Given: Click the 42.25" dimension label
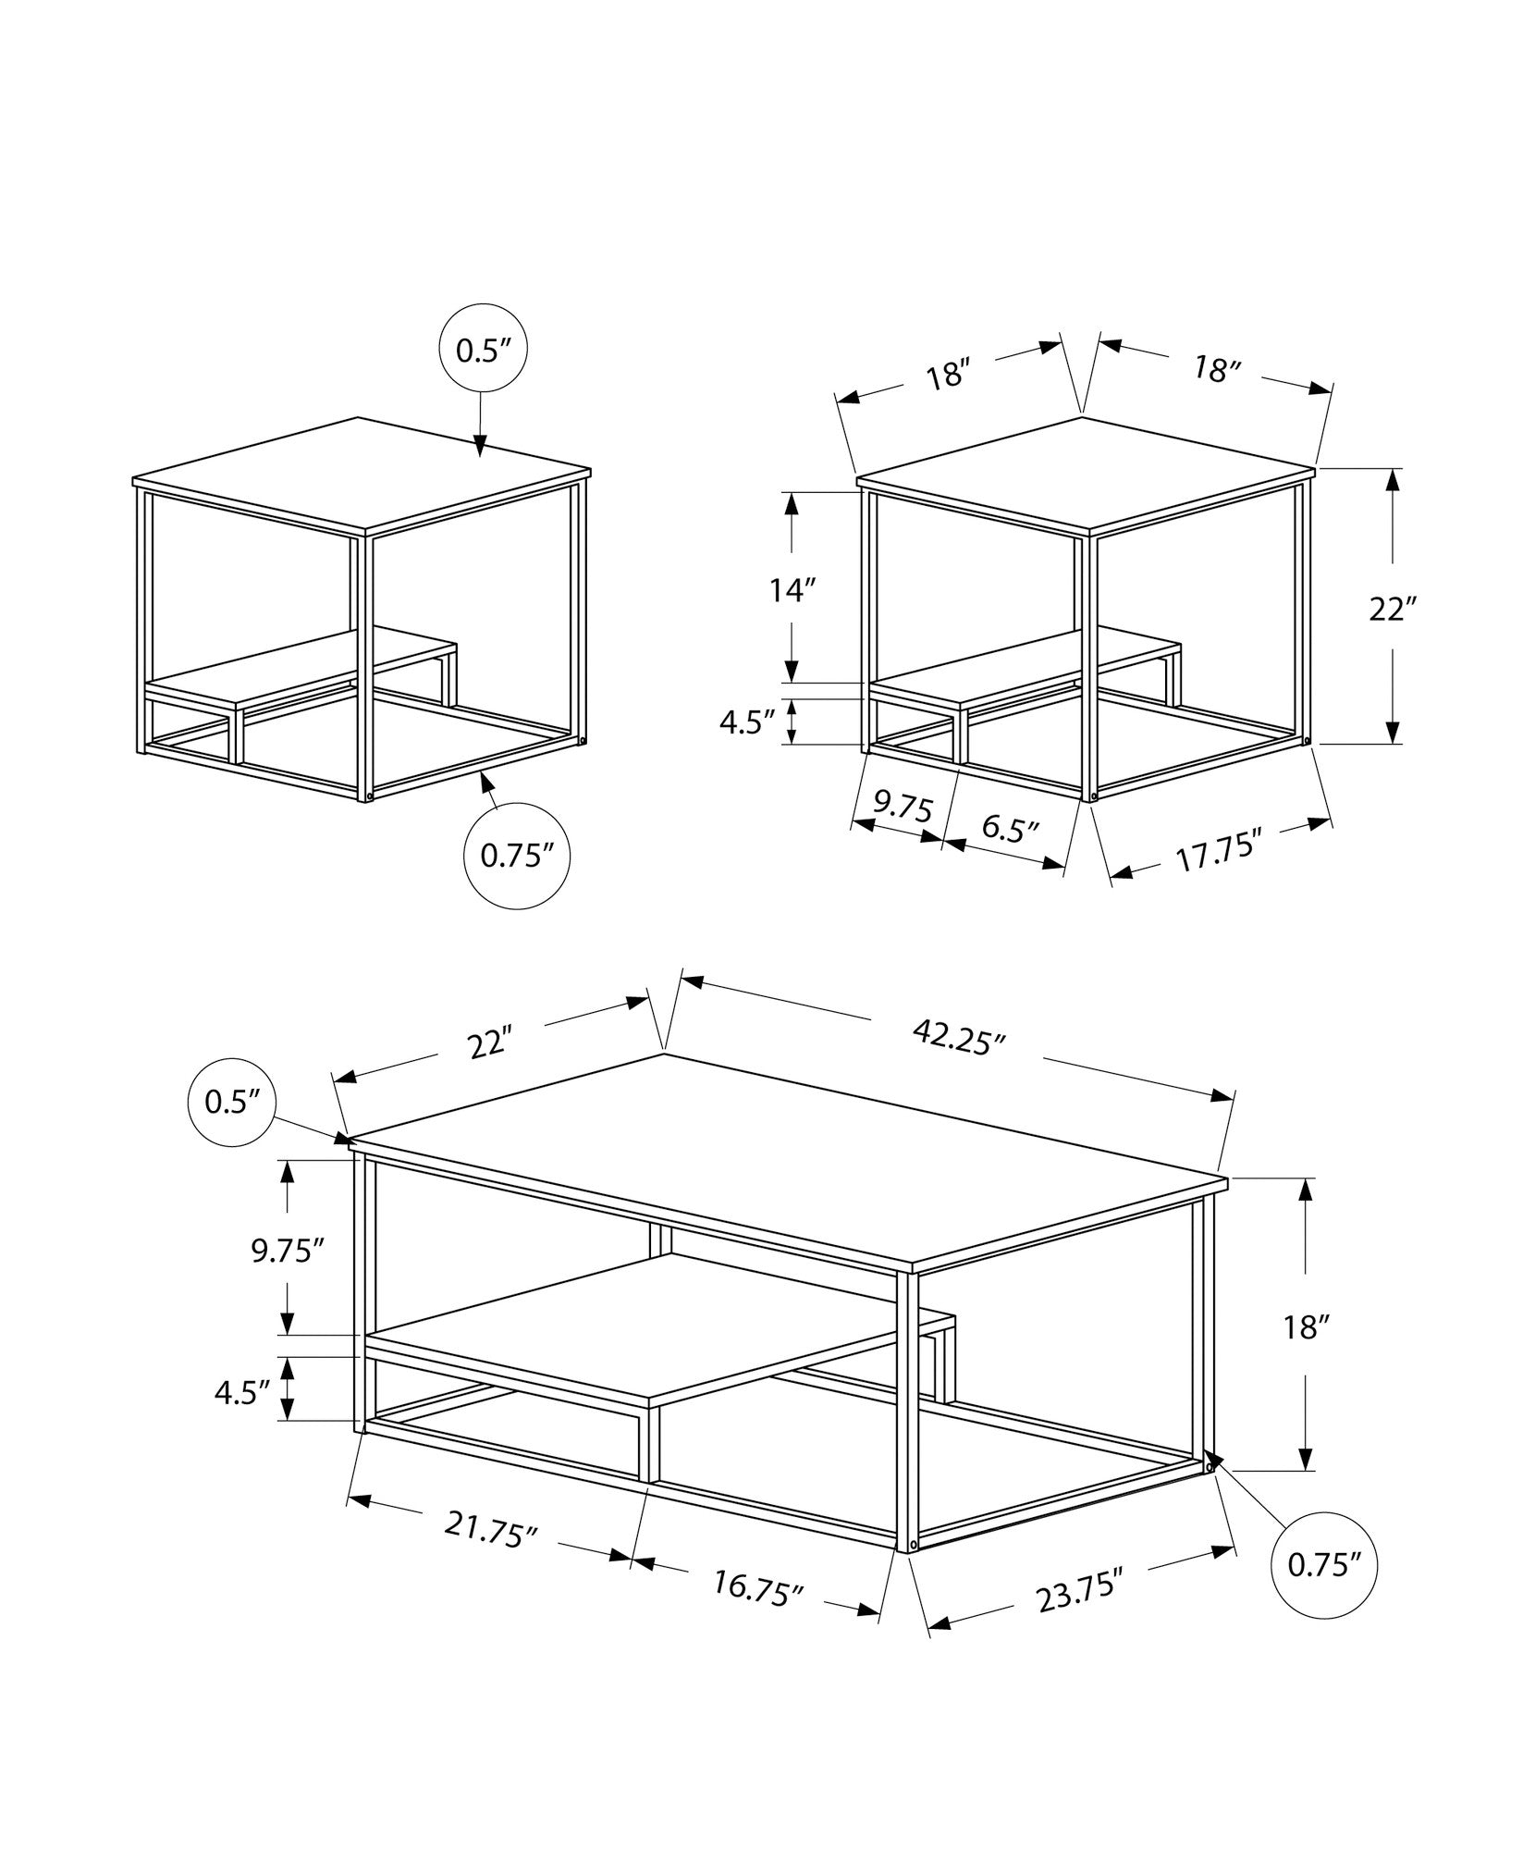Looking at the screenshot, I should (x=958, y=1038).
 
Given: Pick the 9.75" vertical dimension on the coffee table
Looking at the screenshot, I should (x=288, y=1251).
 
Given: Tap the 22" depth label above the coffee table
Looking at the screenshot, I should (x=489, y=1042).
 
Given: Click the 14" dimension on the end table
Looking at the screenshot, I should (x=792, y=590).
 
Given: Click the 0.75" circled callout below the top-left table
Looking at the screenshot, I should (x=516, y=856).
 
